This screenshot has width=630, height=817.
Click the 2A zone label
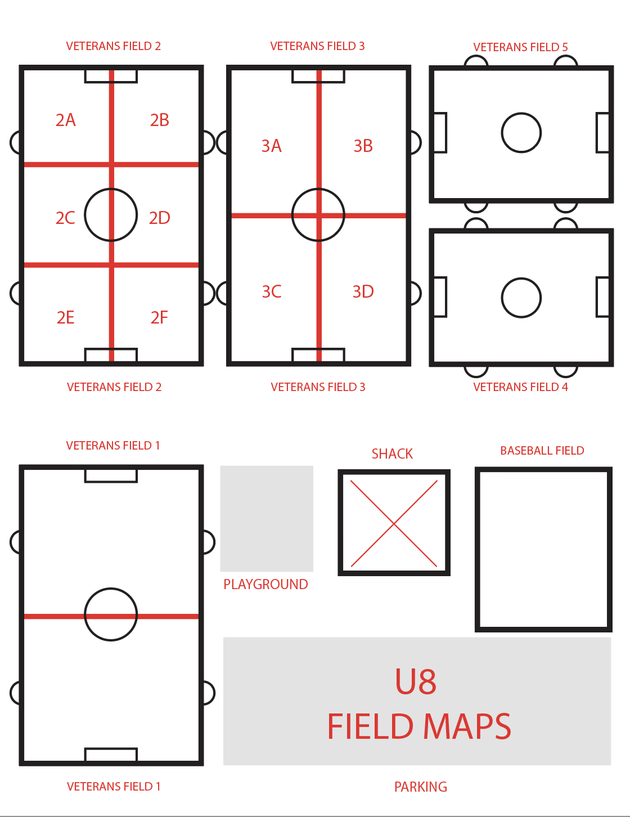[x=66, y=120]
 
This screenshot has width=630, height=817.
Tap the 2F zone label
[x=159, y=318]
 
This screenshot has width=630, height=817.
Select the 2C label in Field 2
[x=65, y=218]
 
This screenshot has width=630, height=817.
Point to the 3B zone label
[x=363, y=146]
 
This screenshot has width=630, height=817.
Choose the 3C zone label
[x=272, y=292]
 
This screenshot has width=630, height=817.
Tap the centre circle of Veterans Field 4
[x=521, y=278]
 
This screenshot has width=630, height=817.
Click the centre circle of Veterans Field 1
[x=111, y=589]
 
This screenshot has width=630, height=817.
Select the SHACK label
[x=392, y=454]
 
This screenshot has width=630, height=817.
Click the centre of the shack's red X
[x=394, y=523]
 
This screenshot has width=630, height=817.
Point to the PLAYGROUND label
[x=265, y=584]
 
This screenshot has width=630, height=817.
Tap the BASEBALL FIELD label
[x=542, y=451]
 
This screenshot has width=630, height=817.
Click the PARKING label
[x=421, y=787]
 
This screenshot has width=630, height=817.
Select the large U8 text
[x=416, y=681]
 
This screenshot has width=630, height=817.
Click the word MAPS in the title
[x=467, y=726]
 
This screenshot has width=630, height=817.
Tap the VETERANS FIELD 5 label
[x=521, y=47]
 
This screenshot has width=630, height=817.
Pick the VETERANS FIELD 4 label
[x=521, y=387]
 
